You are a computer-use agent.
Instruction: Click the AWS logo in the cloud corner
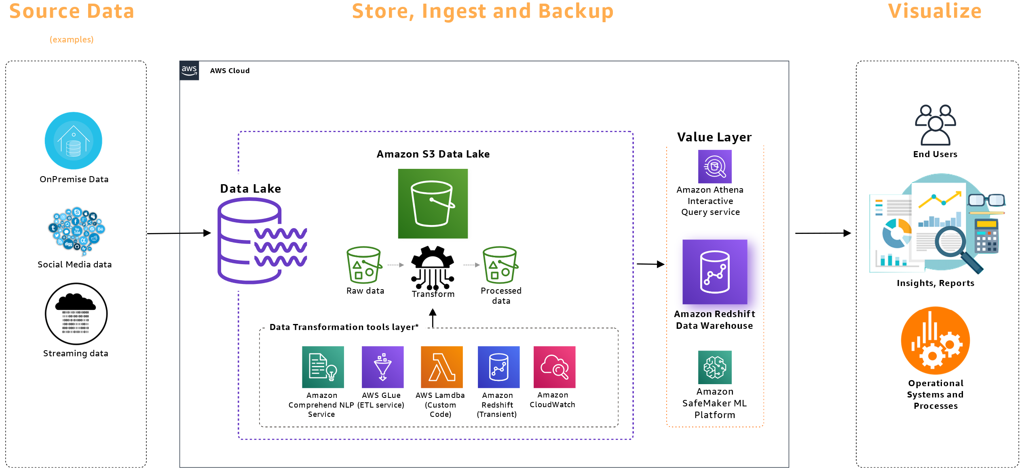[x=189, y=71]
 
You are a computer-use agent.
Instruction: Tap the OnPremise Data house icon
[x=73, y=141]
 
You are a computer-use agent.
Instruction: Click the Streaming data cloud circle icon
[x=76, y=314]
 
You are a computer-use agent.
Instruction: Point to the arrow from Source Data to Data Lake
[x=178, y=233]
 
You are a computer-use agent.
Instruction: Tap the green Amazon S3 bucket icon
[x=433, y=204]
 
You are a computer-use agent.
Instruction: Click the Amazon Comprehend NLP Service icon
[x=323, y=367]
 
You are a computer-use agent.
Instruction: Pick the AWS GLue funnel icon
[x=382, y=367]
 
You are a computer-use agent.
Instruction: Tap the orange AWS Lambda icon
[x=441, y=367]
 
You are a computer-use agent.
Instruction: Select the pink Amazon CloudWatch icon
[x=554, y=367]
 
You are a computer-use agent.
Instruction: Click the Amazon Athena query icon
[x=714, y=166]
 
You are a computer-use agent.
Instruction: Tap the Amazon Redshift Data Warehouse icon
[x=714, y=272]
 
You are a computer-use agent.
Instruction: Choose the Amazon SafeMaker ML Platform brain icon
[x=714, y=367]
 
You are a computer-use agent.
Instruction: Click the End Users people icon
[x=935, y=125]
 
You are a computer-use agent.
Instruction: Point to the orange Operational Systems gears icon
[x=935, y=341]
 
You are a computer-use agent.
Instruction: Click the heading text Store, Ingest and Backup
[x=482, y=11]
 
